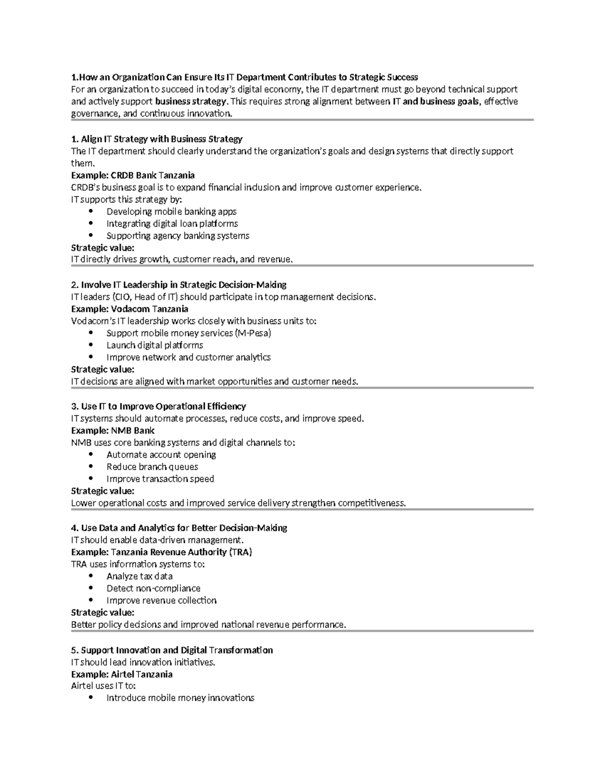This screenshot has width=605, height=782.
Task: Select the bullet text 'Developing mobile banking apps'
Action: coord(171,211)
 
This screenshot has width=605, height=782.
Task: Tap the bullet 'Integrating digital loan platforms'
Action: coord(172,224)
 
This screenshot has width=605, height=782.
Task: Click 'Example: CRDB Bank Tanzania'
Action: coord(133,175)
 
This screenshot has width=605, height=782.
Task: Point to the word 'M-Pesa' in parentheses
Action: coord(257,333)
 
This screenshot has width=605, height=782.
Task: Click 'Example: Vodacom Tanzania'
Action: coord(130,309)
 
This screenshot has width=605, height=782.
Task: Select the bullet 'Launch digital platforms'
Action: coord(155,345)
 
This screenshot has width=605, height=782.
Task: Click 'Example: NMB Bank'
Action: coord(112,431)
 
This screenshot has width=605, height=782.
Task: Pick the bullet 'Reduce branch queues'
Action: coord(152,467)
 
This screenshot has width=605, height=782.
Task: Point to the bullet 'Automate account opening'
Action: coord(161,455)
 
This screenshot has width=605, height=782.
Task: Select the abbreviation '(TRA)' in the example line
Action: coord(240,552)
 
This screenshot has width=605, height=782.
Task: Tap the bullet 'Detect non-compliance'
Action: coord(153,588)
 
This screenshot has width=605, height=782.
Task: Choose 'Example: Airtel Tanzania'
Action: coord(122,674)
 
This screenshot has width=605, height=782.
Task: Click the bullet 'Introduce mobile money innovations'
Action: coord(180,698)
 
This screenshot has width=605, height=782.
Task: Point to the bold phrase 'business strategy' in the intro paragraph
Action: coord(191,102)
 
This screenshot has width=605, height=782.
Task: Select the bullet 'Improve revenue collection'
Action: coord(161,600)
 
